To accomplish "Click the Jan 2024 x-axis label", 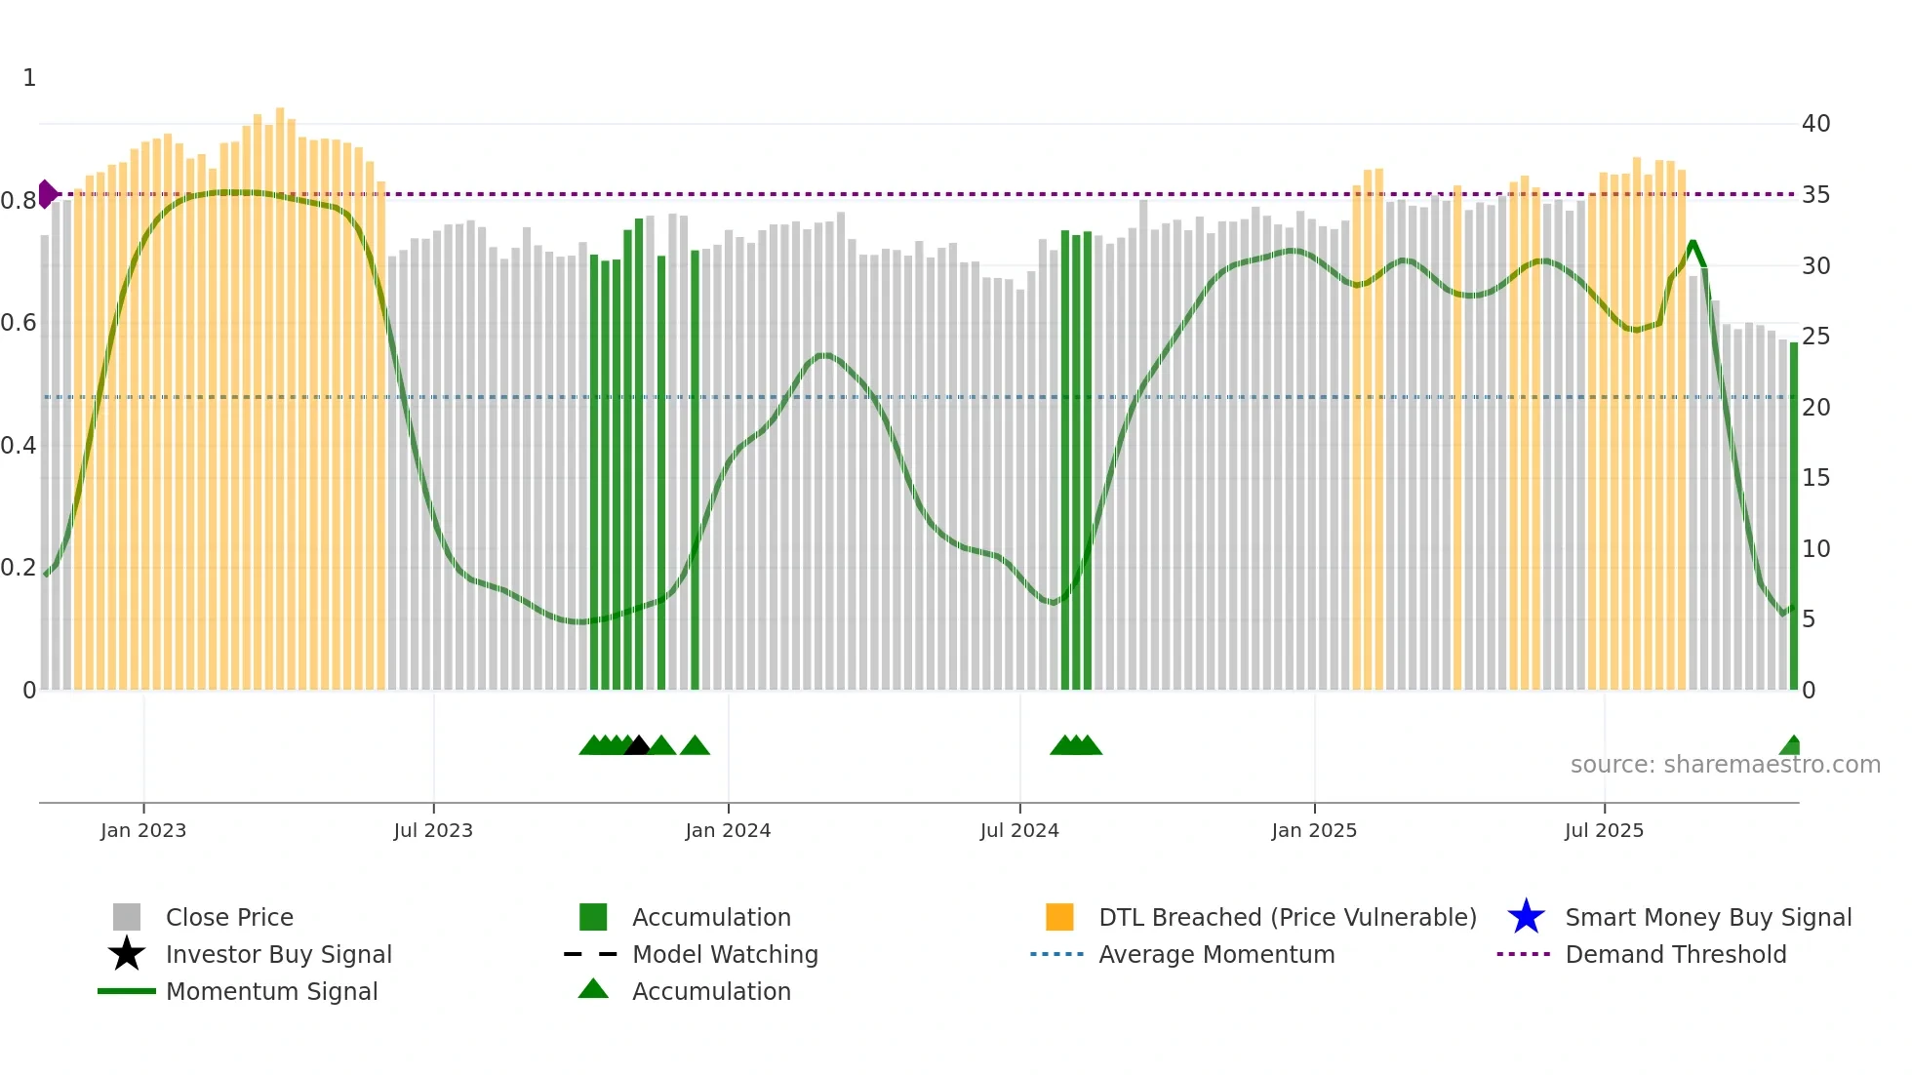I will [x=728, y=830].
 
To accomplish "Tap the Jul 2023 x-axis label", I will [x=433, y=830].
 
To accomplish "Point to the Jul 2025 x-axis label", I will [x=1604, y=830].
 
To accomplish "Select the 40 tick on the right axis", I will [x=1815, y=124].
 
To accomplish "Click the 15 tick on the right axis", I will [x=1815, y=478].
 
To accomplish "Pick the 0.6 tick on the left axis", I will [x=19, y=323].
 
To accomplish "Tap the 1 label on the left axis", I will [x=29, y=78].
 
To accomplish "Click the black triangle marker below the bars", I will [x=637, y=746].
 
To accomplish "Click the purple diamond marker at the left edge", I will [x=46, y=194].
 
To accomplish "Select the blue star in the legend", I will [x=1526, y=917].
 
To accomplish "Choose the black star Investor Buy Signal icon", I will [x=127, y=954].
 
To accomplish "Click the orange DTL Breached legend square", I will [x=1059, y=917].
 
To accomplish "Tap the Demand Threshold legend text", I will [x=1675, y=954].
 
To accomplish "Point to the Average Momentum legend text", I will [x=1216, y=954].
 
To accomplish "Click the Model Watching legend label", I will [x=725, y=954].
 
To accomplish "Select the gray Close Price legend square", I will [x=127, y=917].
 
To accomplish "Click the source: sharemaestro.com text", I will [x=1725, y=765].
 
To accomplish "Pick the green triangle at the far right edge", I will [x=1791, y=746].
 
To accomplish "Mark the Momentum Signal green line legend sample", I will [x=127, y=991].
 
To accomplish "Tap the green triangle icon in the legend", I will [x=593, y=990].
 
